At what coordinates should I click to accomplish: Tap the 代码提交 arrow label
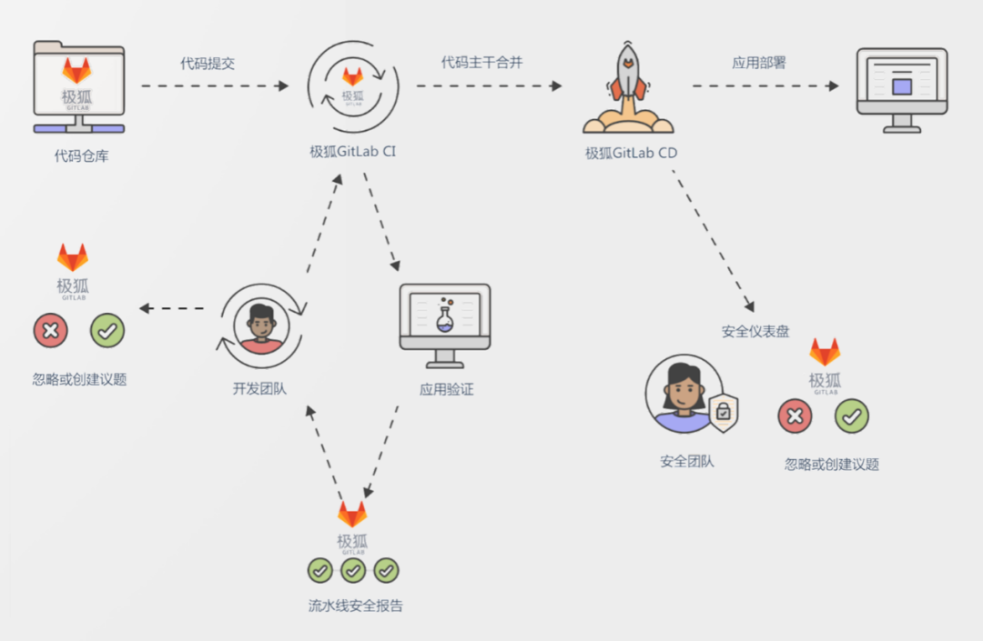click(x=208, y=64)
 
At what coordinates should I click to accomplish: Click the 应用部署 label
click(x=759, y=64)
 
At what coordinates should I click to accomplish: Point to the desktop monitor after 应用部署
click(x=901, y=89)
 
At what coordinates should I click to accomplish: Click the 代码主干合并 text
click(x=481, y=64)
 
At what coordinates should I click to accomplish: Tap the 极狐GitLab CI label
click(x=352, y=152)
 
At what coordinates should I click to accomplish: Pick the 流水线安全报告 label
click(x=355, y=606)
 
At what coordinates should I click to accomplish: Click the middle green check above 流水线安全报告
click(x=353, y=570)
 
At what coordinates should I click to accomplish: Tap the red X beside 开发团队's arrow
click(x=50, y=331)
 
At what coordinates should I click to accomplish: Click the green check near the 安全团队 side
click(x=851, y=416)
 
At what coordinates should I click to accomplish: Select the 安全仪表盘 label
click(x=755, y=332)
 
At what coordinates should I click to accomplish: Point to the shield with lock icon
click(x=723, y=413)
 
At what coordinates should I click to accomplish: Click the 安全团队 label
click(x=687, y=461)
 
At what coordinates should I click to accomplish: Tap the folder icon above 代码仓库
click(x=78, y=89)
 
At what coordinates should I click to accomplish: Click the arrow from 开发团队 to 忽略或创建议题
click(x=173, y=309)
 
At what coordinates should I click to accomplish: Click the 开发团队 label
click(x=259, y=389)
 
